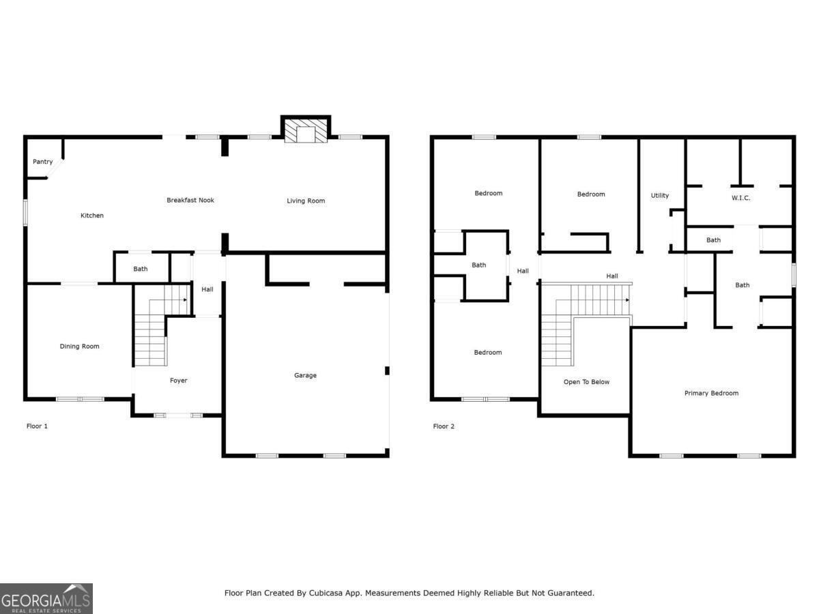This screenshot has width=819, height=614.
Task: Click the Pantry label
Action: [42, 162]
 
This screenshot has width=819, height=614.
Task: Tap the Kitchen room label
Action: [92, 216]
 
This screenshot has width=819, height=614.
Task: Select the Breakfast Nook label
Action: [190, 200]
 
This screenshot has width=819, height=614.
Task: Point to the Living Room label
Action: [306, 201]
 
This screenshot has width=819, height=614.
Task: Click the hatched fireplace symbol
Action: [306, 132]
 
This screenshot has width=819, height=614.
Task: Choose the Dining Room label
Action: [80, 347]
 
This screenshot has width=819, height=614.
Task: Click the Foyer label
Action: [178, 381]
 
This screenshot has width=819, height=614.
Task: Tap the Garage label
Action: [305, 375]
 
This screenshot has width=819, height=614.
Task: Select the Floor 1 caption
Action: [37, 426]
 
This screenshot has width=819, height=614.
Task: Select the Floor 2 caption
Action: [444, 426]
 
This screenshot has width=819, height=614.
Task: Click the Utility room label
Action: [660, 196]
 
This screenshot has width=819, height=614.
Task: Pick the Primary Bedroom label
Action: [711, 393]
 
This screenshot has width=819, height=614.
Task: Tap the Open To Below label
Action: [586, 382]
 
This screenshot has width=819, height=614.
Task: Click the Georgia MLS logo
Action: [46, 598]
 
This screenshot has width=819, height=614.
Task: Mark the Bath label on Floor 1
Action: [141, 269]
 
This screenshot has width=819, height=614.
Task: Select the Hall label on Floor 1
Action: [207, 289]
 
